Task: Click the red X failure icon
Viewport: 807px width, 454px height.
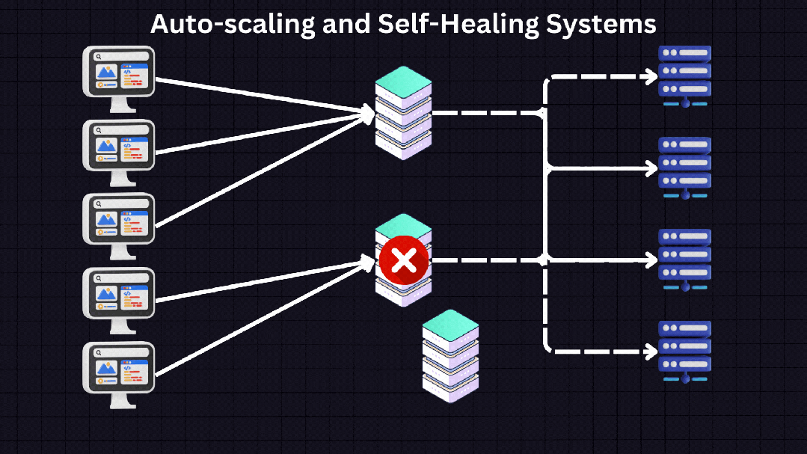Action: click(x=404, y=261)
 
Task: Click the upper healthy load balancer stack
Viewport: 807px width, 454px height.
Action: click(x=404, y=112)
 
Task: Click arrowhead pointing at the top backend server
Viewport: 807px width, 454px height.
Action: click(x=651, y=76)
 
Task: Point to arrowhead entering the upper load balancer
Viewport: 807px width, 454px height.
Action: click(x=367, y=113)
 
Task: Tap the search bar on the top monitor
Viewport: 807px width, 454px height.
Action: click(x=120, y=56)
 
